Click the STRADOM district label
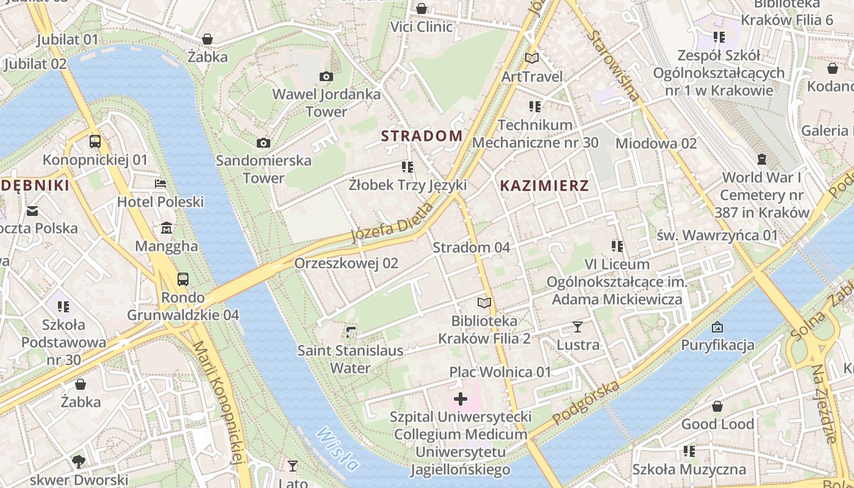[x=422, y=135]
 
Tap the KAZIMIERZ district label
[x=544, y=186]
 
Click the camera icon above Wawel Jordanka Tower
[x=326, y=76]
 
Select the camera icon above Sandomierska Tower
[x=264, y=143]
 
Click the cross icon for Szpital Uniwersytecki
[x=461, y=400]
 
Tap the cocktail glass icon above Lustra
[x=578, y=327]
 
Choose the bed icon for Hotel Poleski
[x=160, y=183]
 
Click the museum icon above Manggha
[x=167, y=228]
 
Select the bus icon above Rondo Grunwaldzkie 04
[x=182, y=279]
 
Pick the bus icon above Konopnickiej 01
[x=95, y=142]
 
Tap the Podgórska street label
[x=586, y=403]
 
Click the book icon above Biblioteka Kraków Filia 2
[x=484, y=303]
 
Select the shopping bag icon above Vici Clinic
[x=422, y=9]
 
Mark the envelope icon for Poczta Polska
[x=32, y=211]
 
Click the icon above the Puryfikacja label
[x=717, y=327]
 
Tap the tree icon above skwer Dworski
[x=79, y=461]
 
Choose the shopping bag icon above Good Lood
[x=717, y=406]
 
